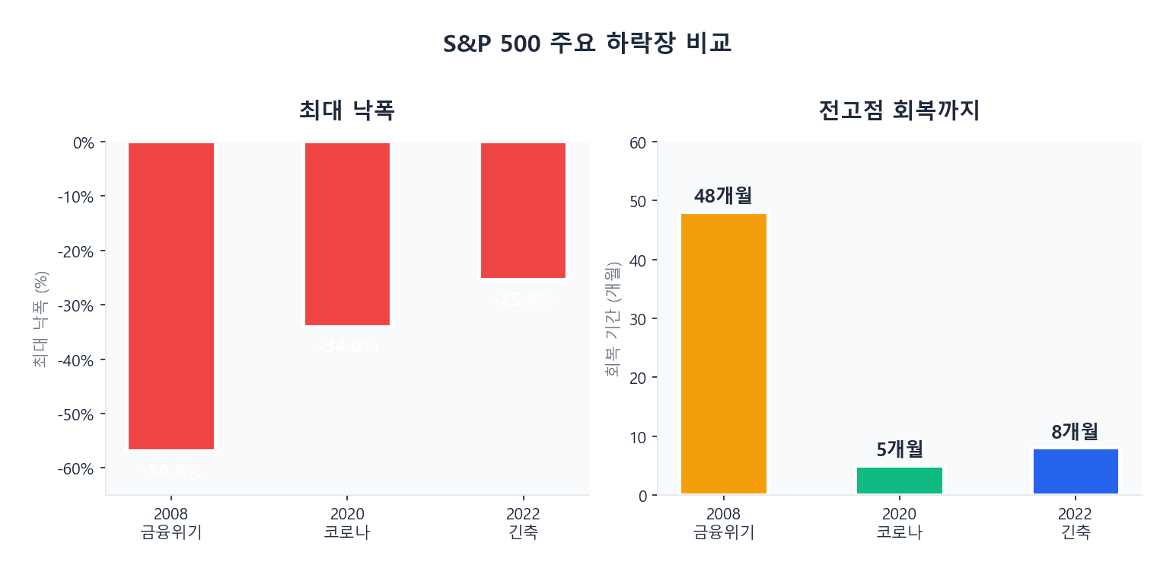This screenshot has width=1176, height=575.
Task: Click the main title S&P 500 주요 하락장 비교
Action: [587, 44]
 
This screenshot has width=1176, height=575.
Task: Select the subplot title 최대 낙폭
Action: [347, 111]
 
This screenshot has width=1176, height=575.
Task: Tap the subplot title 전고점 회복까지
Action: [899, 111]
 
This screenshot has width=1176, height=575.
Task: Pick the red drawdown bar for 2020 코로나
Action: [348, 234]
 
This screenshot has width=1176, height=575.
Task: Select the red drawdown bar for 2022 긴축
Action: [523, 210]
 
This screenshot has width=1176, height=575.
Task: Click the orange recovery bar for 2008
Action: [723, 353]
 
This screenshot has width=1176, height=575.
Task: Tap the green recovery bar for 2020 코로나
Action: [900, 481]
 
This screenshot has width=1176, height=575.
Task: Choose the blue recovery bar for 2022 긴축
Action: [1076, 471]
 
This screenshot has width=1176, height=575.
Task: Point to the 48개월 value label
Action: [723, 196]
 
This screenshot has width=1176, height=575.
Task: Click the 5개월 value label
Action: [900, 449]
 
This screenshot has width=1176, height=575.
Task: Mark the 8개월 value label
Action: [1076, 432]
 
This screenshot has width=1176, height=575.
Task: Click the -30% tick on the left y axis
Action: [76, 305]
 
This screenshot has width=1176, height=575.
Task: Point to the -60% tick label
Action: [76, 468]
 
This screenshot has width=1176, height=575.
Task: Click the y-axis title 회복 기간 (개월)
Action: [613, 319]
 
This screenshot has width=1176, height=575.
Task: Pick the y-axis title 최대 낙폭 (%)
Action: [41, 319]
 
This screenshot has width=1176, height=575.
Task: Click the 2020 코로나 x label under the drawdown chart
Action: [348, 523]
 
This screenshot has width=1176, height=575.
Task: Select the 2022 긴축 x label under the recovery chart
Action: [1076, 523]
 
